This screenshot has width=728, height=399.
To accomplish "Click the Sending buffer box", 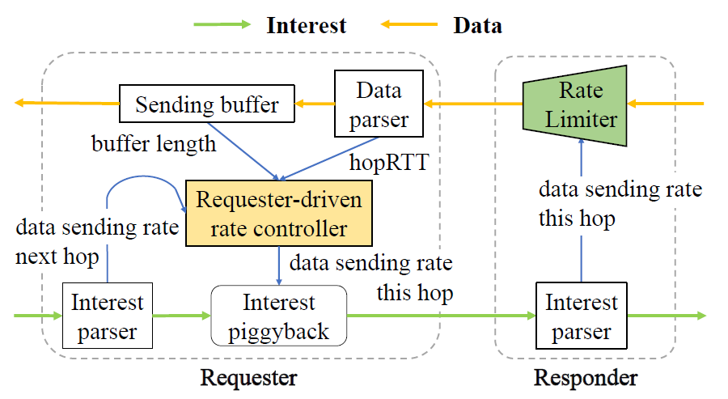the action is [207, 104].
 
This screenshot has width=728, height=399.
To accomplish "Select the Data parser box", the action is [379, 104].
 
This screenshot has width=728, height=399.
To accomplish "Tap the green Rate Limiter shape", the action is [575, 105].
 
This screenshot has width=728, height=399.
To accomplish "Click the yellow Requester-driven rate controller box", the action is [278, 213].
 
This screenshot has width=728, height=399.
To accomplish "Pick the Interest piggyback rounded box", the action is [278, 316].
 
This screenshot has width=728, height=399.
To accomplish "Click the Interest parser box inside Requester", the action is [108, 316].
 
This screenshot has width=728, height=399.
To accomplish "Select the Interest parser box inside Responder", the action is [582, 316].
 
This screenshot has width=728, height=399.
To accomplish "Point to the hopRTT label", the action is [389, 163].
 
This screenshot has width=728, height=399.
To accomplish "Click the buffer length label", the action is [154, 144].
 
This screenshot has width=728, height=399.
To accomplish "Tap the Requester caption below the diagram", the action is [249, 378].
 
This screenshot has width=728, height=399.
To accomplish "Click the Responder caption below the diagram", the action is [586, 378].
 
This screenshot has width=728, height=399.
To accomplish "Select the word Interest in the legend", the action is [307, 25].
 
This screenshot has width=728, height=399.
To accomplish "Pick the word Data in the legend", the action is [478, 25].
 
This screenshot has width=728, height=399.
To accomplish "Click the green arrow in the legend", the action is [222, 24].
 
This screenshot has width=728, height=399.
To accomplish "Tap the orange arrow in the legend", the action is [409, 24].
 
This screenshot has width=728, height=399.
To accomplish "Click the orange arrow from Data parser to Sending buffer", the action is [315, 104].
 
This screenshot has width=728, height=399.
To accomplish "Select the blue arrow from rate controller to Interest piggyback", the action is [278, 265].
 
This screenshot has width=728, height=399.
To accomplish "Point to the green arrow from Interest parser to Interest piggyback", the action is [181, 316].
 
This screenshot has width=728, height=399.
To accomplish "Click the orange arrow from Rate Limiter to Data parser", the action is [473, 104].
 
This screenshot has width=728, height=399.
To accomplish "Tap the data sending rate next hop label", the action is [97, 242].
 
